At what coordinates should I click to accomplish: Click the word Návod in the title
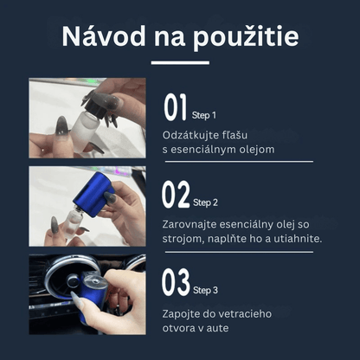click(x=104, y=36)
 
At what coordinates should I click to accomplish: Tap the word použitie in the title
click(x=246, y=37)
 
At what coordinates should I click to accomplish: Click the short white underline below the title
click(x=180, y=62)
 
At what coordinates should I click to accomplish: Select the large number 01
click(x=176, y=107)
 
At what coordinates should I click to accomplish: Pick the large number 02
click(x=176, y=194)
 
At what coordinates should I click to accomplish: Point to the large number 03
click(x=176, y=282)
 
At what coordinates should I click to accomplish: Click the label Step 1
click(x=204, y=115)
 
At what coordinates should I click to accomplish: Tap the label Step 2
click(x=205, y=202)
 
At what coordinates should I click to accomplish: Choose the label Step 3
click(x=205, y=290)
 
